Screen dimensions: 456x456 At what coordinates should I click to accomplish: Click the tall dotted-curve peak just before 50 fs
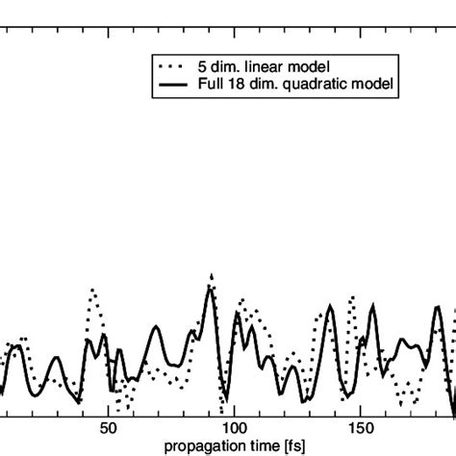click(x=93, y=290)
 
